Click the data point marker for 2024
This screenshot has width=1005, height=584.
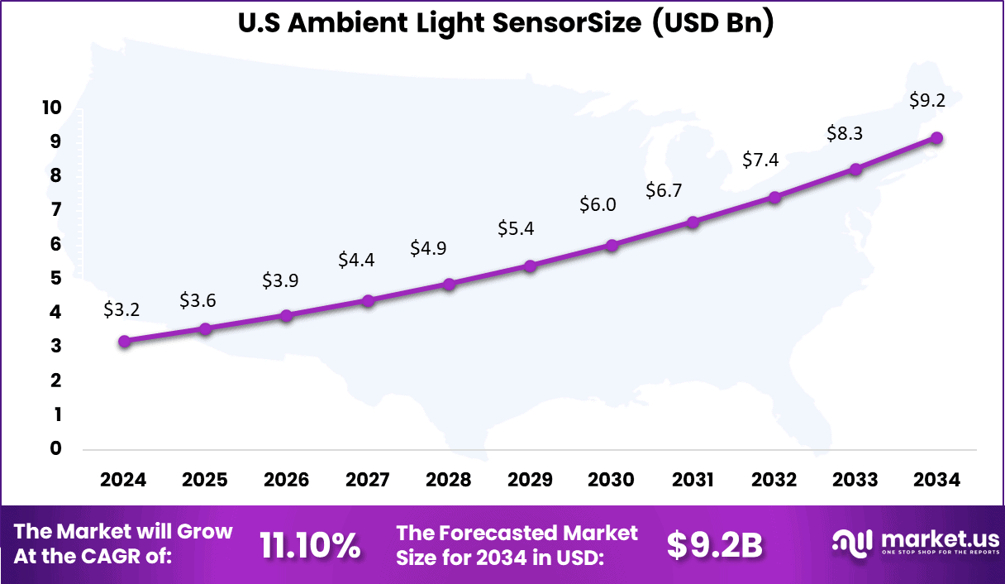click(x=124, y=341)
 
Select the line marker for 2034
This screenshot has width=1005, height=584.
click(x=936, y=138)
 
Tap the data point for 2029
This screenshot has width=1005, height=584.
click(x=531, y=266)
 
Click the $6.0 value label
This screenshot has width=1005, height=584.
click(x=597, y=204)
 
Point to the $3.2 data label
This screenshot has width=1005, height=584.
click(x=121, y=309)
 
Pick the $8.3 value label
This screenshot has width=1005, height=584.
click(x=845, y=133)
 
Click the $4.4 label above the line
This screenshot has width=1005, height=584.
click(x=356, y=260)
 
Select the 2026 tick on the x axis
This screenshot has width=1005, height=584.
click(x=286, y=481)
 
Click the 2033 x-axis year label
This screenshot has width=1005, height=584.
click(x=855, y=481)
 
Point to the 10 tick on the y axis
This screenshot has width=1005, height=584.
click(x=51, y=108)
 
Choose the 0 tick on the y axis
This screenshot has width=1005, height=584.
click(x=56, y=448)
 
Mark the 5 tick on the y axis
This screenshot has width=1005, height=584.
click(x=56, y=278)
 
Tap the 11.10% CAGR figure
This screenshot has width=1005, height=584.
click(x=310, y=545)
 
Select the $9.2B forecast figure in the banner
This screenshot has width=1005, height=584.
click(x=714, y=545)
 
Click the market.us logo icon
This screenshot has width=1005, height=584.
click(x=850, y=543)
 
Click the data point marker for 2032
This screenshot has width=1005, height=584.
click(x=774, y=197)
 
